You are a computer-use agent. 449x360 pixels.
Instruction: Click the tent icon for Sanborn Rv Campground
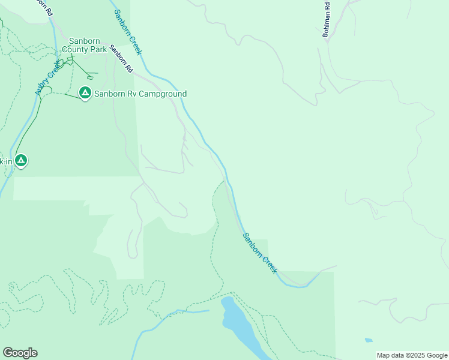coord(85,93)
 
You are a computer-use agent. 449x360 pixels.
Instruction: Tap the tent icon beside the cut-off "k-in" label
coord(21,160)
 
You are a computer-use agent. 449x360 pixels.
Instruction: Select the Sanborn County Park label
coord(88,45)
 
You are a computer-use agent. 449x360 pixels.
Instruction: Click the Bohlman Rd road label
coord(327,21)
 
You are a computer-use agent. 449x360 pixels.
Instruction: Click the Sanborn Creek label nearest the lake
coord(260,253)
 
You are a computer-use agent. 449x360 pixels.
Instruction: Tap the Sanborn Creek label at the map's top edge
coord(127,32)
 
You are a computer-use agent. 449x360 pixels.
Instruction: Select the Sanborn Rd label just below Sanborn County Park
coord(121,59)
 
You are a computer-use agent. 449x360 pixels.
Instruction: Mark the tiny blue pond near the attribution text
coord(368,340)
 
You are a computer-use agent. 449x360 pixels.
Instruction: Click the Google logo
coord(20,353)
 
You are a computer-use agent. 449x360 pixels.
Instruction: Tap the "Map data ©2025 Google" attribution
coord(412,355)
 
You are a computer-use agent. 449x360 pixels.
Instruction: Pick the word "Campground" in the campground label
coord(163,94)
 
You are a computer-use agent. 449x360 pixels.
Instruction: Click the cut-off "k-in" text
coord(5,161)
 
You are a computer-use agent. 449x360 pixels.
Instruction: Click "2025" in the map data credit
coord(415,355)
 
